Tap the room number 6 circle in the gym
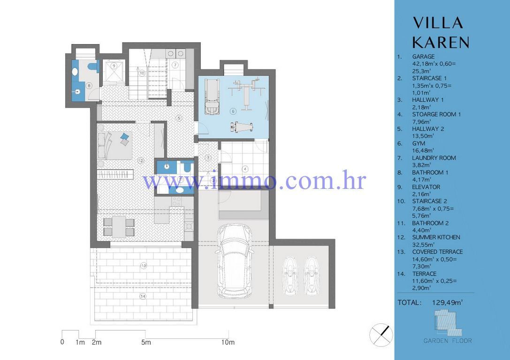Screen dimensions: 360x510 click(233, 111)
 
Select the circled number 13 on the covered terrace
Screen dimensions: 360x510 click(144, 266)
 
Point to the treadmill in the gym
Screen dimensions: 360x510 click(212, 96)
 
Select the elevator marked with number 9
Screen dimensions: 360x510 click(114, 72)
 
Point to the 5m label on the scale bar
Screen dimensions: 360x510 click(146, 342)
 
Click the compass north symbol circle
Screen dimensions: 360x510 click(381, 335)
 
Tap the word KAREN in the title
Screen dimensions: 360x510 click(441, 42)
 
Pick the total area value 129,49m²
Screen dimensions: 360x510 click(447, 303)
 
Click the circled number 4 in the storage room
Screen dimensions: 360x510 click(244, 168)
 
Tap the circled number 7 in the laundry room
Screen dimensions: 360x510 click(174, 64)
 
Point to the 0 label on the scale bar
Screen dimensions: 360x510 click(62, 342)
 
